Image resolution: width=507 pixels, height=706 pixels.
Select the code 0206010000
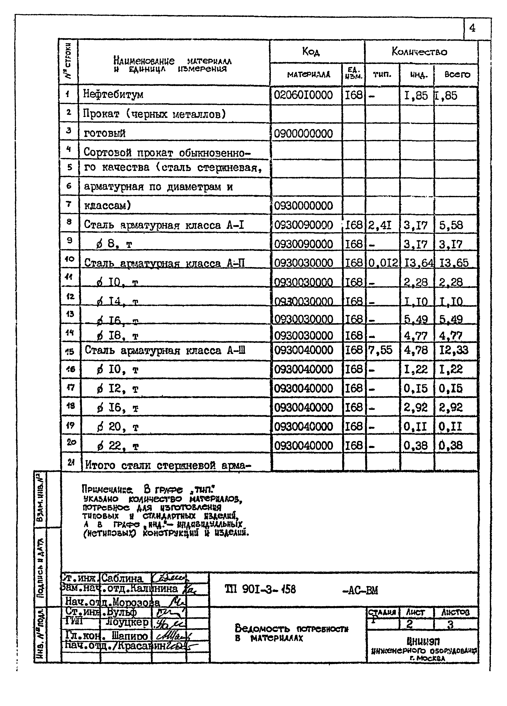point(303,95)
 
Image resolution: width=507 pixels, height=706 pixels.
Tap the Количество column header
point(419,52)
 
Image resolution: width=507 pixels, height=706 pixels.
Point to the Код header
point(311,52)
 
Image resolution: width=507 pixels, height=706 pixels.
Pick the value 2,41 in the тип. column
point(380,225)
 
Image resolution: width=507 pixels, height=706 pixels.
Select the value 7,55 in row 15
point(380,350)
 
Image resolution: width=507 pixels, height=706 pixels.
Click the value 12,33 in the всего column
point(454,350)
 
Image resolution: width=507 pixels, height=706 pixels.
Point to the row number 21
point(71,462)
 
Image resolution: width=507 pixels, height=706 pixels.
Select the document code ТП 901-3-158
point(260,589)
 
